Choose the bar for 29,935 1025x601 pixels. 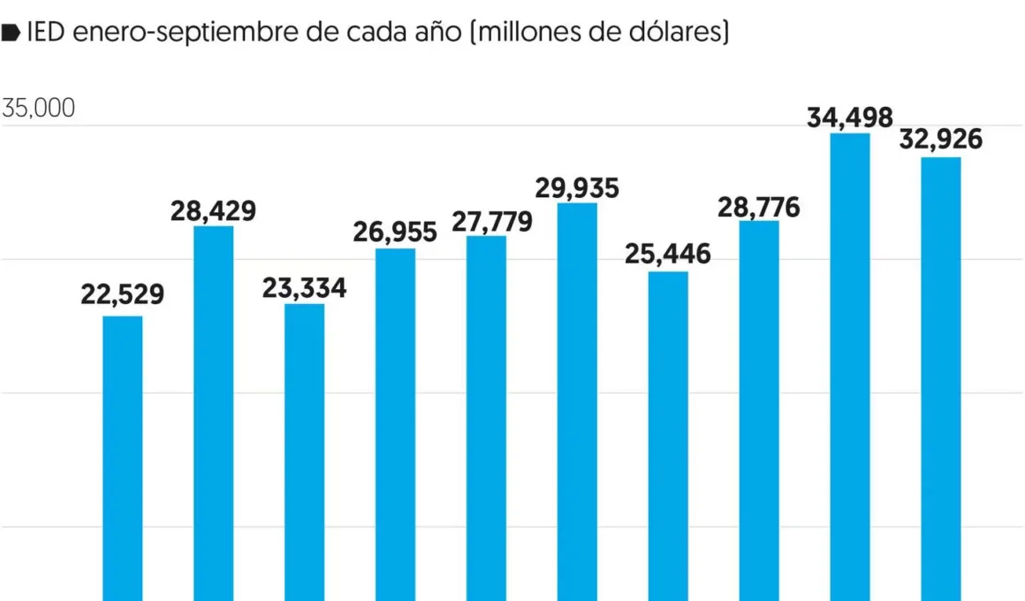coord(577,401)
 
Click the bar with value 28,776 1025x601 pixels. coord(759,410)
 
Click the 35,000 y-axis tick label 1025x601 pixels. coord(39,109)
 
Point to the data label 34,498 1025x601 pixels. coord(850,117)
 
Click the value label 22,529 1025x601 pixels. coord(123,294)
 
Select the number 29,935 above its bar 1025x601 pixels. coord(577,188)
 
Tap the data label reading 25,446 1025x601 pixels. coord(668,255)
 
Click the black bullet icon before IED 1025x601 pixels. coord(11,34)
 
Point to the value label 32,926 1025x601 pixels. coord(941,140)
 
